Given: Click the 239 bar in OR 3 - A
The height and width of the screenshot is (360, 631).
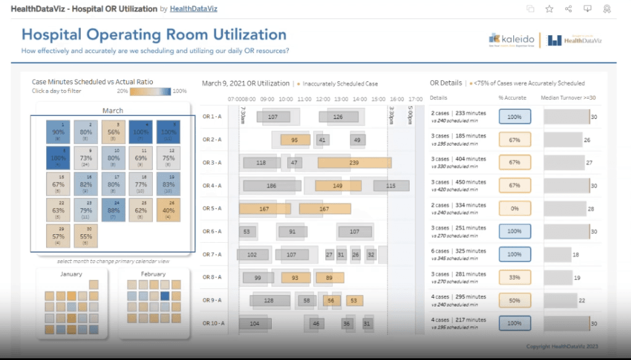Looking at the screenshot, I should click(354, 163).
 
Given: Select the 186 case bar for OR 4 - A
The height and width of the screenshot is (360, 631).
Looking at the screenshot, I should click(271, 186).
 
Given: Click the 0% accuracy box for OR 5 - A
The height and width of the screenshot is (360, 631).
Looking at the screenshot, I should click(515, 209).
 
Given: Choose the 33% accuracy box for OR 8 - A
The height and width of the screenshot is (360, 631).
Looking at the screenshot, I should click(515, 277).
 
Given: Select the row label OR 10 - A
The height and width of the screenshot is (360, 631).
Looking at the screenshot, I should click(213, 323).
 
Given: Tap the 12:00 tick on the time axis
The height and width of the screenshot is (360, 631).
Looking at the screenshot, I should click(323, 99).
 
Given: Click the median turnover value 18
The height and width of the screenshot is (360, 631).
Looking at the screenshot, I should click(576, 255).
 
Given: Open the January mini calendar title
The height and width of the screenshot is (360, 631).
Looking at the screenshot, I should click(71, 274).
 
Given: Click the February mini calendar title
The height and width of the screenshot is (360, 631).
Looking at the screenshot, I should click(153, 274).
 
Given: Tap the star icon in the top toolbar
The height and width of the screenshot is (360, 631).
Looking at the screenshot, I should click(549, 9).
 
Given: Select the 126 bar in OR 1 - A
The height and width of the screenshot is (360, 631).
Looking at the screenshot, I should click(338, 117).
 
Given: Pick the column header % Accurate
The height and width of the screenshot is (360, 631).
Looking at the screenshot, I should click(512, 98).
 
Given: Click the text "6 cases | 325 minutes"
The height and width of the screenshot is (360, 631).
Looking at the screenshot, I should click(458, 251).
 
